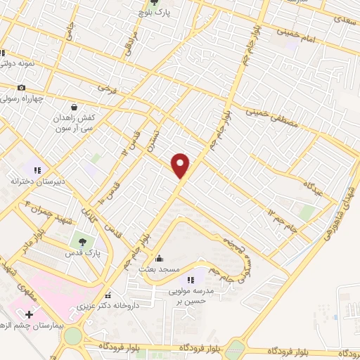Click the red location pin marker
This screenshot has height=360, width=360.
(x=181, y=165)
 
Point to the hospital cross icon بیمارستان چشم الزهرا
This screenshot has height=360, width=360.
(x=29, y=314)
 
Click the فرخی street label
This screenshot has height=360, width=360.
(x=105, y=90)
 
